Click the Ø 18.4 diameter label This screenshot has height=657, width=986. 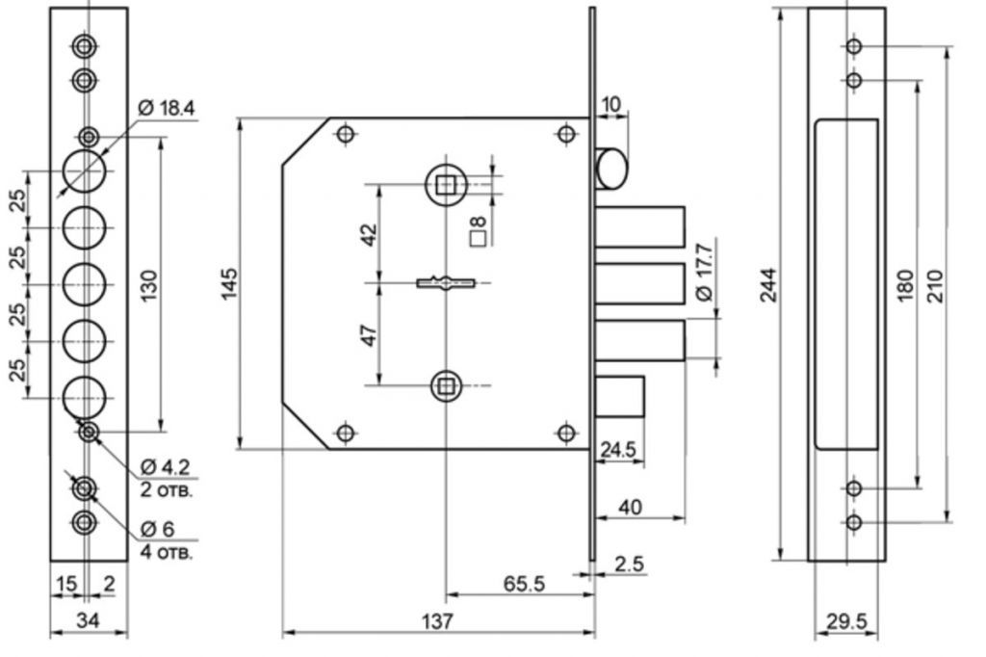coord(166,108)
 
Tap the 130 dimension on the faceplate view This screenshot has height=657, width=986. coord(149,286)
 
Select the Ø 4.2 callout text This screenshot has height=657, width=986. coord(165,467)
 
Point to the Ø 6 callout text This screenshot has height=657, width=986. coord(158,529)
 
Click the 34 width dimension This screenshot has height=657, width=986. coord(88,620)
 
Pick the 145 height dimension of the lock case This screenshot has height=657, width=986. coord(229,284)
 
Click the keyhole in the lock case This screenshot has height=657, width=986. coord(446,283)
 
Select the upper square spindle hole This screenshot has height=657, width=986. coord(446,184)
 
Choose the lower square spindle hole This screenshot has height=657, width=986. coord(447,385)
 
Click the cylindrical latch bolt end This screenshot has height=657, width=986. coord(611,169)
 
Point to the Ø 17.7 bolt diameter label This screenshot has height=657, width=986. coord(705,272)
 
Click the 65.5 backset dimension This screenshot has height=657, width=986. coord(524,584)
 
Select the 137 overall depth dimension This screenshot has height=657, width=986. coord(437,621)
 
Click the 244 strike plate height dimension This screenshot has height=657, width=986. coord(768,285)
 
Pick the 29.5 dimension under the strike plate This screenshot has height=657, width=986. coord(846,621)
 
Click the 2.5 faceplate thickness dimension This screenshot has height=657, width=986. coord(630,564)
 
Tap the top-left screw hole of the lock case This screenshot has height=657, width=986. coord(346,134)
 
